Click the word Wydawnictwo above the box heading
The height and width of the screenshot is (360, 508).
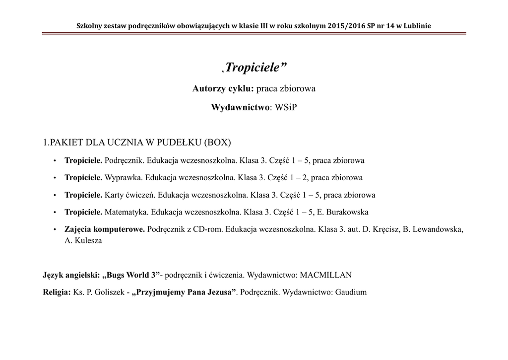[241, 107]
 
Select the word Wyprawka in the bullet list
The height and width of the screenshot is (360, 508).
[120, 177]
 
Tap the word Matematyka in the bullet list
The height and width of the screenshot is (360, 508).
[126, 212]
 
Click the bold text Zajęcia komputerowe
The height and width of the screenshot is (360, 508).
[105, 229]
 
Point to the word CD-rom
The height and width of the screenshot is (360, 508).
[205, 229]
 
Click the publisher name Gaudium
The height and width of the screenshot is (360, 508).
[351, 292]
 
